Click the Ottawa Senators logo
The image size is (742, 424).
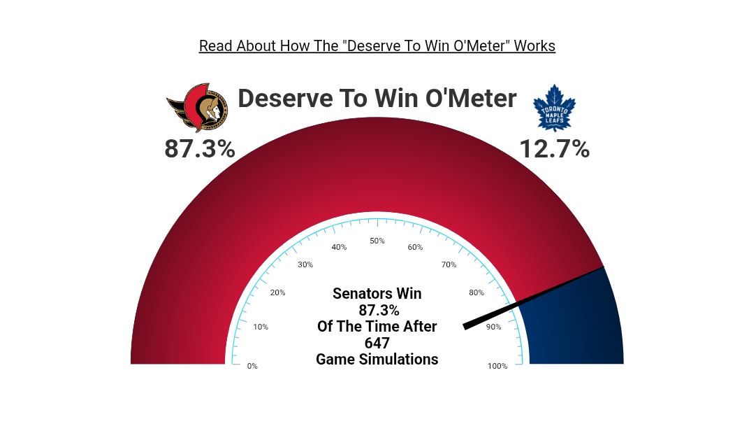tap(197, 108)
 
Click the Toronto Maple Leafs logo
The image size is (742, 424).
tap(554, 108)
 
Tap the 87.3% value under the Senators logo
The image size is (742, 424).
tap(200, 149)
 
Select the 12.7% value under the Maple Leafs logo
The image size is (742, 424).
tap(555, 149)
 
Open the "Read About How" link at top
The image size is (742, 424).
tap(377, 46)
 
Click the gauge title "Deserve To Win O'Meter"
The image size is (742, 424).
tap(377, 99)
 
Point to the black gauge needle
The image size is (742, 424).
tap(533, 298)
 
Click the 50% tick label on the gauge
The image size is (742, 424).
tap(377, 241)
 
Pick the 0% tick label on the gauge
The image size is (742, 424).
tap(252, 366)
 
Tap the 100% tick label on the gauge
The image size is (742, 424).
tap(497, 366)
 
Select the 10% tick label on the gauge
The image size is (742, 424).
tap(261, 327)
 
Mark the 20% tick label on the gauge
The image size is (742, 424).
tap(278, 292)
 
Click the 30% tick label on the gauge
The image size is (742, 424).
tap(305, 264)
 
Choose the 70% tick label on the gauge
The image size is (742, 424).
tap(449, 264)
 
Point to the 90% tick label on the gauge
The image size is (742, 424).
tap(493, 327)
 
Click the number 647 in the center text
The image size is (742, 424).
tap(377, 343)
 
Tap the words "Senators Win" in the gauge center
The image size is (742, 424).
tap(377, 294)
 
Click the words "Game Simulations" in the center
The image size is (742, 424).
tap(377, 360)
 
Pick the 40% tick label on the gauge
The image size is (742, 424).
tap(340, 247)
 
